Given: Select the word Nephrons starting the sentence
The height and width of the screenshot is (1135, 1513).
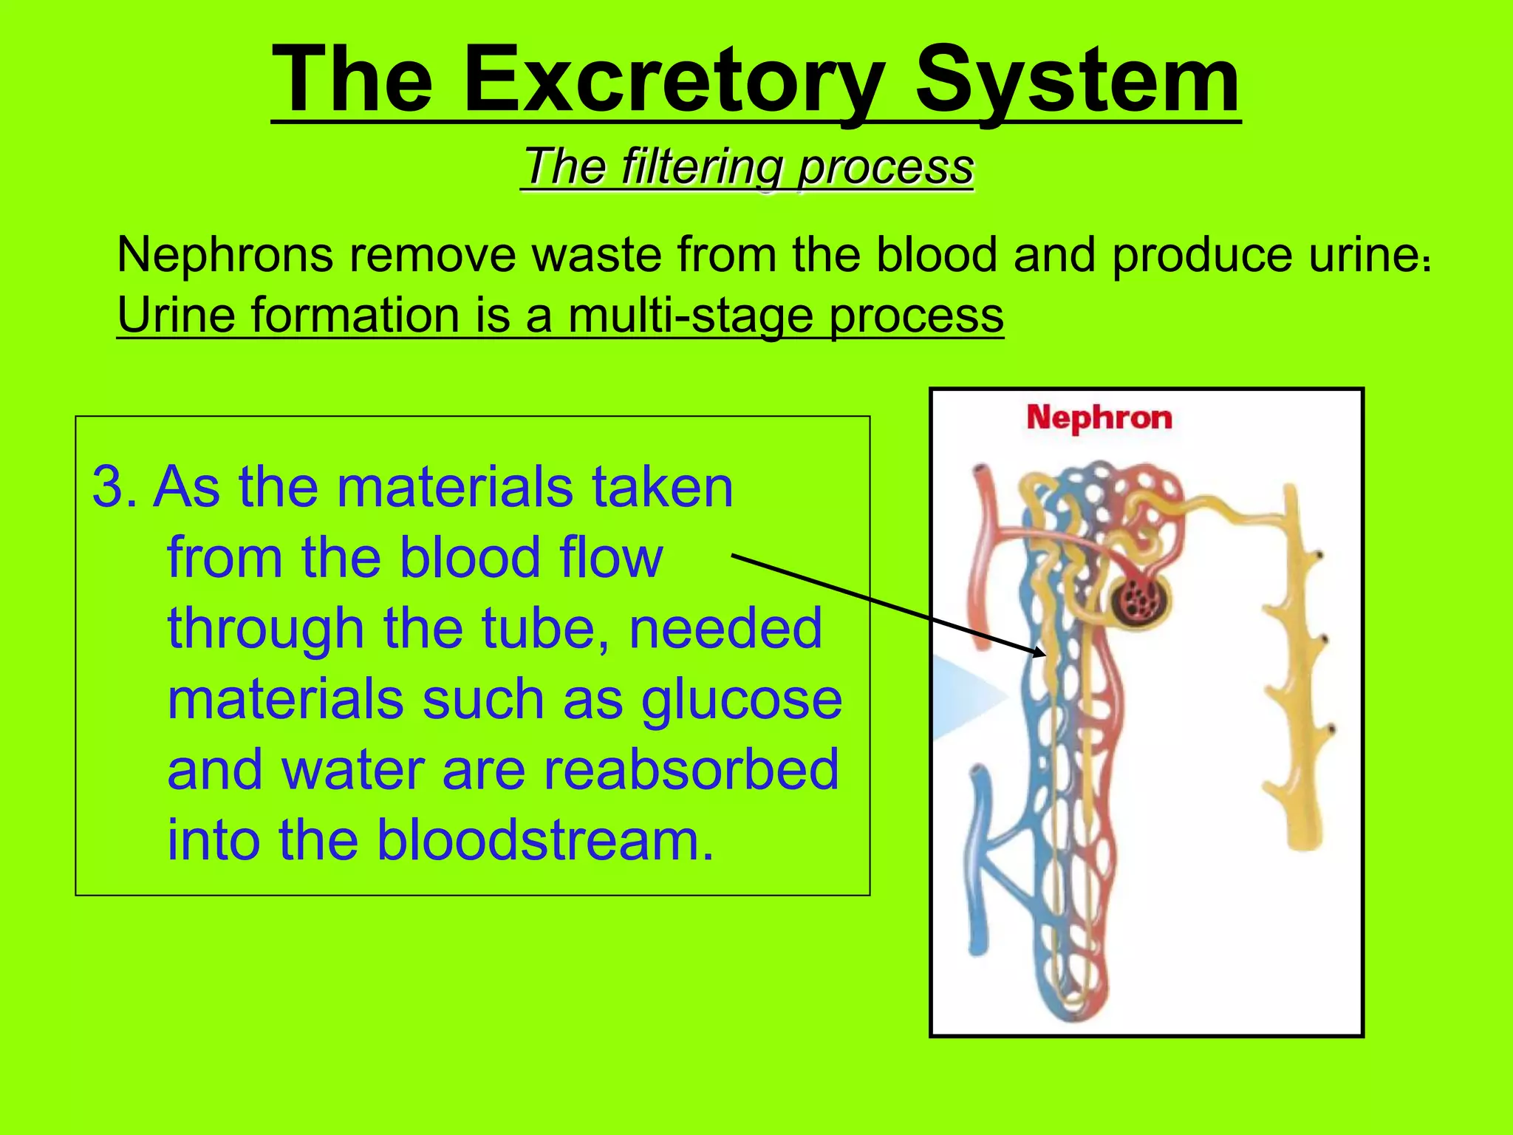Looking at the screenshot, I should point(225,255).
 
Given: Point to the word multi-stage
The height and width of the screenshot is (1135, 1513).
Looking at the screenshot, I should point(691,316).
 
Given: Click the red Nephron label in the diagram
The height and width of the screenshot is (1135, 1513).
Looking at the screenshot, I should point(1099,418).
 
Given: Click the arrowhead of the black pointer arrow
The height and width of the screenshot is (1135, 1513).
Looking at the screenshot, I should point(1041,652).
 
